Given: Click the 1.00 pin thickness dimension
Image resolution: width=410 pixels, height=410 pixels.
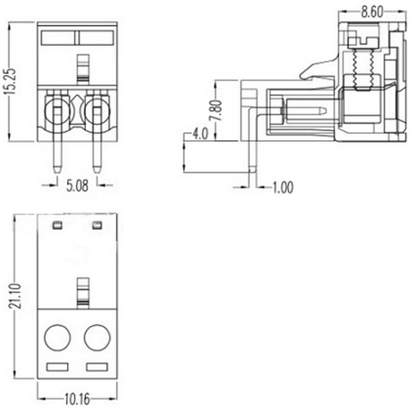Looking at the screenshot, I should [x=282, y=187].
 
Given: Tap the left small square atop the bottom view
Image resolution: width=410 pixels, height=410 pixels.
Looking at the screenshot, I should [x=57, y=224].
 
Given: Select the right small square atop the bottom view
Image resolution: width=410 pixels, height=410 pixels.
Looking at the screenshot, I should [x=96, y=224].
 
